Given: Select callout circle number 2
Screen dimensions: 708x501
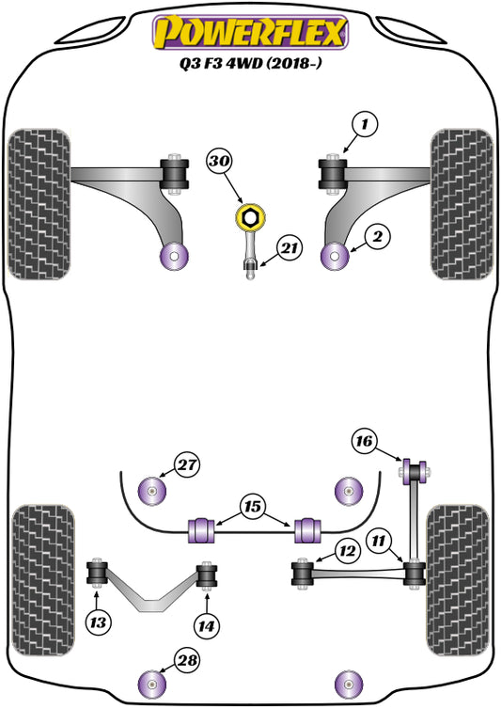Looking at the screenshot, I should point(376,237).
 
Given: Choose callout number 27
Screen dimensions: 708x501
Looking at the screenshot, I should point(187,463).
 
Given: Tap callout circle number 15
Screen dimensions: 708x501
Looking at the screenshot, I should point(250,504).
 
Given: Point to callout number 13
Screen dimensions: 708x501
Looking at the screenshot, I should point(98,621).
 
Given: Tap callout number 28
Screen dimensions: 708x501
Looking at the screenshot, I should point(187,662).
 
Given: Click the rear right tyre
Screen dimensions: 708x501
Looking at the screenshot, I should point(458,552).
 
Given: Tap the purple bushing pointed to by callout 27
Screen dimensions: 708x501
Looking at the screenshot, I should point(150,489).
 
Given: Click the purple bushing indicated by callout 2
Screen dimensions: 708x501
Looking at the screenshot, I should point(334,254).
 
